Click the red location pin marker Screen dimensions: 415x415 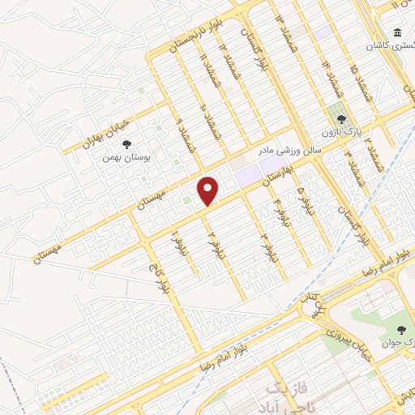point(208,190)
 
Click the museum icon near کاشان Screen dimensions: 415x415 point(396,33)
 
